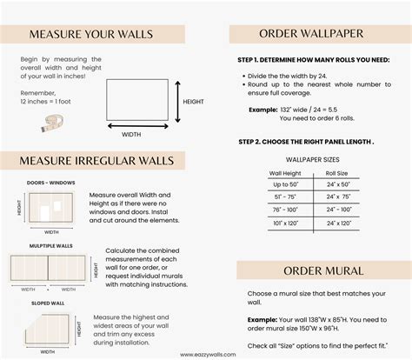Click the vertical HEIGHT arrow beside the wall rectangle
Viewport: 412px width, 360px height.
(177, 102)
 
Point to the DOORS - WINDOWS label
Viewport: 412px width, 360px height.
(51, 183)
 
